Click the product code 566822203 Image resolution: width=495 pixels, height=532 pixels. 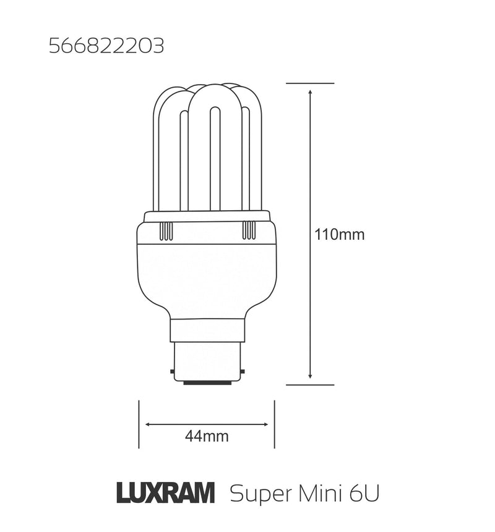click(x=106, y=47)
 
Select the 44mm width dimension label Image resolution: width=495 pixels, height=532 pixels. click(x=207, y=437)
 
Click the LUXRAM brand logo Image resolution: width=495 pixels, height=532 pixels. click(x=165, y=494)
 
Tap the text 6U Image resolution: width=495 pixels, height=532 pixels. click(x=363, y=494)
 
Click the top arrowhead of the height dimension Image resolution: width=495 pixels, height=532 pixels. click(x=310, y=92)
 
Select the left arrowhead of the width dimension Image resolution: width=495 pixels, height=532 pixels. click(x=148, y=424)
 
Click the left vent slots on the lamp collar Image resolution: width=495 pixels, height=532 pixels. click(x=166, y=231)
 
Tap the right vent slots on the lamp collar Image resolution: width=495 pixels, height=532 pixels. click(x=248, y=231)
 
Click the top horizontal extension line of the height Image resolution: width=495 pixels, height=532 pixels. click(x=310, y=83)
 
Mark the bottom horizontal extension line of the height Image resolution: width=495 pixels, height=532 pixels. click(x=310, y=384)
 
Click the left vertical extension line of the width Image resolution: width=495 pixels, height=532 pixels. click(x=139, y=424)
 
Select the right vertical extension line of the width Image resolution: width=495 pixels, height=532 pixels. click(x=274, y=424)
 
